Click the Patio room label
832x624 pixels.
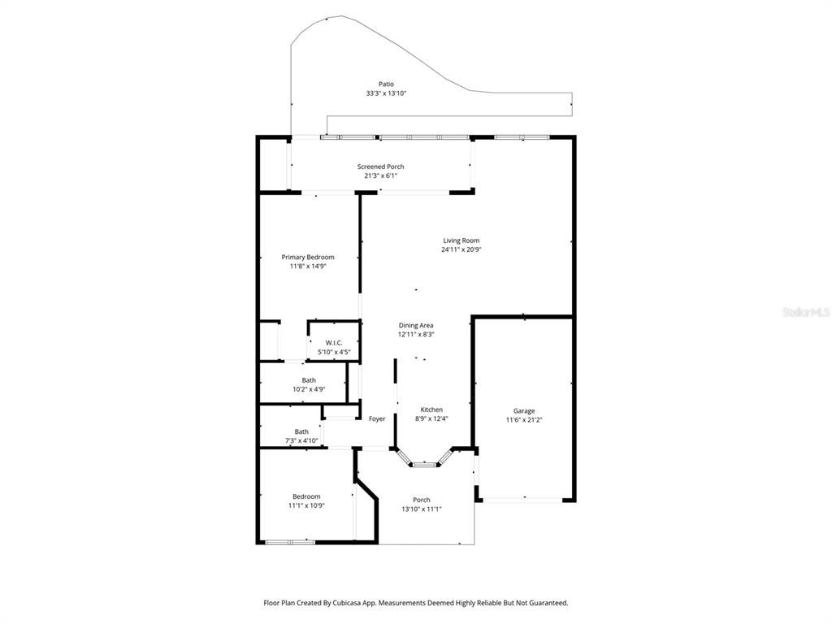click(386, 84)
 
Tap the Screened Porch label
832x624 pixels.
click(380, 167)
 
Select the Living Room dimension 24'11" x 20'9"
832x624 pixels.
click(461, 250)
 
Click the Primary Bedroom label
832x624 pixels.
click(308, 257)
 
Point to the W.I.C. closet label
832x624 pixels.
click(333, 343)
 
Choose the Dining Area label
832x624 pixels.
click(415, 325)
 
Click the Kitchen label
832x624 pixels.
click(431, 409)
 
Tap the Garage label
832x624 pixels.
click(524, 410)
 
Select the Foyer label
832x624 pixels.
click(377, 419)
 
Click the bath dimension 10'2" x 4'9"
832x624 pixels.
click(309, 390)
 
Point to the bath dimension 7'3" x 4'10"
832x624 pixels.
click(301, 441)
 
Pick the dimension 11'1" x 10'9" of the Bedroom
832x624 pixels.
click(306, 505)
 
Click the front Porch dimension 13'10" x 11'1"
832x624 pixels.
click(421, 509)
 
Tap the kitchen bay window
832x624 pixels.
click(422, 464)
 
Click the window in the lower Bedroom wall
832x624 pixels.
click(290, 541)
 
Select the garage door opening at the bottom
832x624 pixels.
click(524, 500)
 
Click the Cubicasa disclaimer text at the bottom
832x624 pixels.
click(415, 603)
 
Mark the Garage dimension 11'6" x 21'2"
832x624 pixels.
click(524, 420)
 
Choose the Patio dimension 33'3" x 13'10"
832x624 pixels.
click(386, 93)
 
